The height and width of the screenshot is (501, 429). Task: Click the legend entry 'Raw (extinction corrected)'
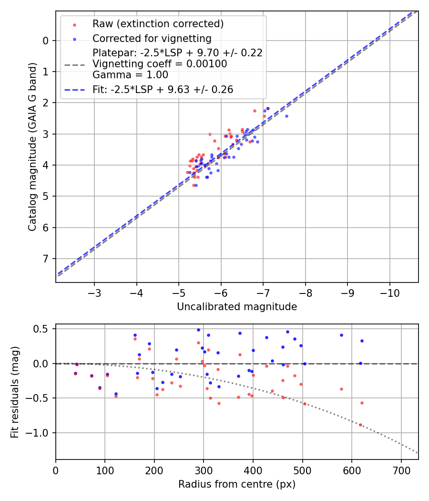[158, 23]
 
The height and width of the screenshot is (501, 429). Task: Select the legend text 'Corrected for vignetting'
[152, 38]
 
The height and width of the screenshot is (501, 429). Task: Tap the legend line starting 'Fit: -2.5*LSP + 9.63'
[163, 90]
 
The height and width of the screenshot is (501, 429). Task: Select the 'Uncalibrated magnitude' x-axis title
[237, 307]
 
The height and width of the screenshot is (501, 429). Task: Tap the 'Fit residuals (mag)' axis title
[15, 392]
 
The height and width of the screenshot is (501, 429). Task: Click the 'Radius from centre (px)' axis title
[237, 484]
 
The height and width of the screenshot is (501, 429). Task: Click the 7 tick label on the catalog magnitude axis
[46, 259]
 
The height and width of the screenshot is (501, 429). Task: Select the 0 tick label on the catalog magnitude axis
[46, 41]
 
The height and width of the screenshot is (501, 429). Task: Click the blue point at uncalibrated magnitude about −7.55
[286, 116]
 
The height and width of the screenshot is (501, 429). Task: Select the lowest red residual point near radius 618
[360, 425]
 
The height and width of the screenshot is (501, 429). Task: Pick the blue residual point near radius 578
[341, 335]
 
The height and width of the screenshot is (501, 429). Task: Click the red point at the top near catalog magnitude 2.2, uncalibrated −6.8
[255, 111]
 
